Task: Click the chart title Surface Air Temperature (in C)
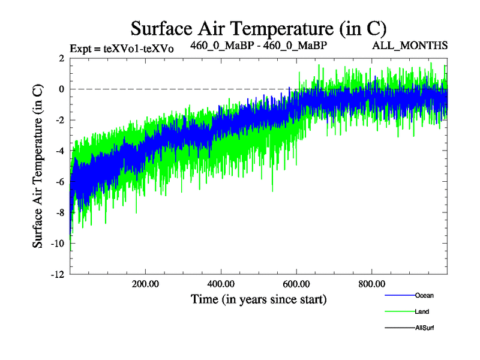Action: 259,28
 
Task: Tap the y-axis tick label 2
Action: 61,58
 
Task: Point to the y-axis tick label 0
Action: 61,89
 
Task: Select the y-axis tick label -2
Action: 59,120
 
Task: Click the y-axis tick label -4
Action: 59,151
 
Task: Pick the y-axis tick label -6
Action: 59,182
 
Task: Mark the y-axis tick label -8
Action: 59,213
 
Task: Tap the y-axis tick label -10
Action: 57,244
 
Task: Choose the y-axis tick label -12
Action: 57,275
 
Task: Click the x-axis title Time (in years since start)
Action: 259,299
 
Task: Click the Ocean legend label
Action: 424,295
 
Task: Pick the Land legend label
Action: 422,311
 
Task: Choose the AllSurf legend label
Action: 424,328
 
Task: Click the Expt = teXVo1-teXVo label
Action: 122,49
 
